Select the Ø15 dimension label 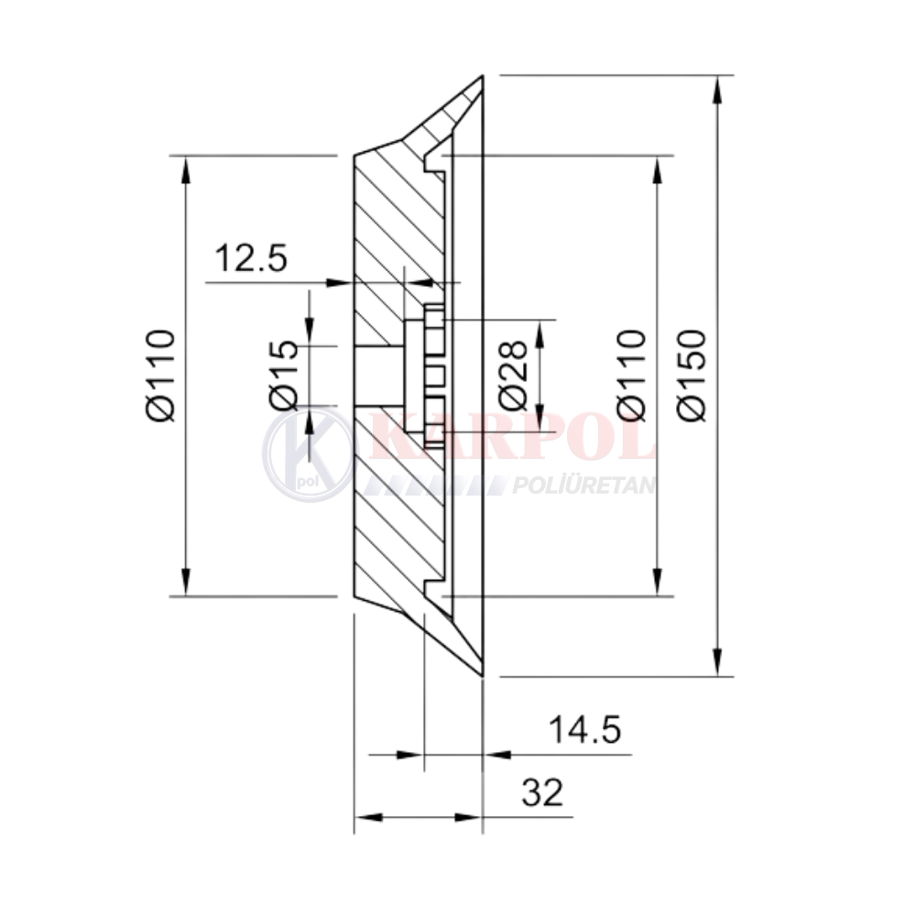(284, 374)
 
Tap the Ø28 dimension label (514, 375)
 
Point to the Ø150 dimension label (692, 375)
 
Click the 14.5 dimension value (584, 730)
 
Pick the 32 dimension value (542, 792)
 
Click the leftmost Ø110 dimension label (160, 375)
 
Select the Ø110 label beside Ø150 (632, 375)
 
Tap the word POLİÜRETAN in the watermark (583, 485)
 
